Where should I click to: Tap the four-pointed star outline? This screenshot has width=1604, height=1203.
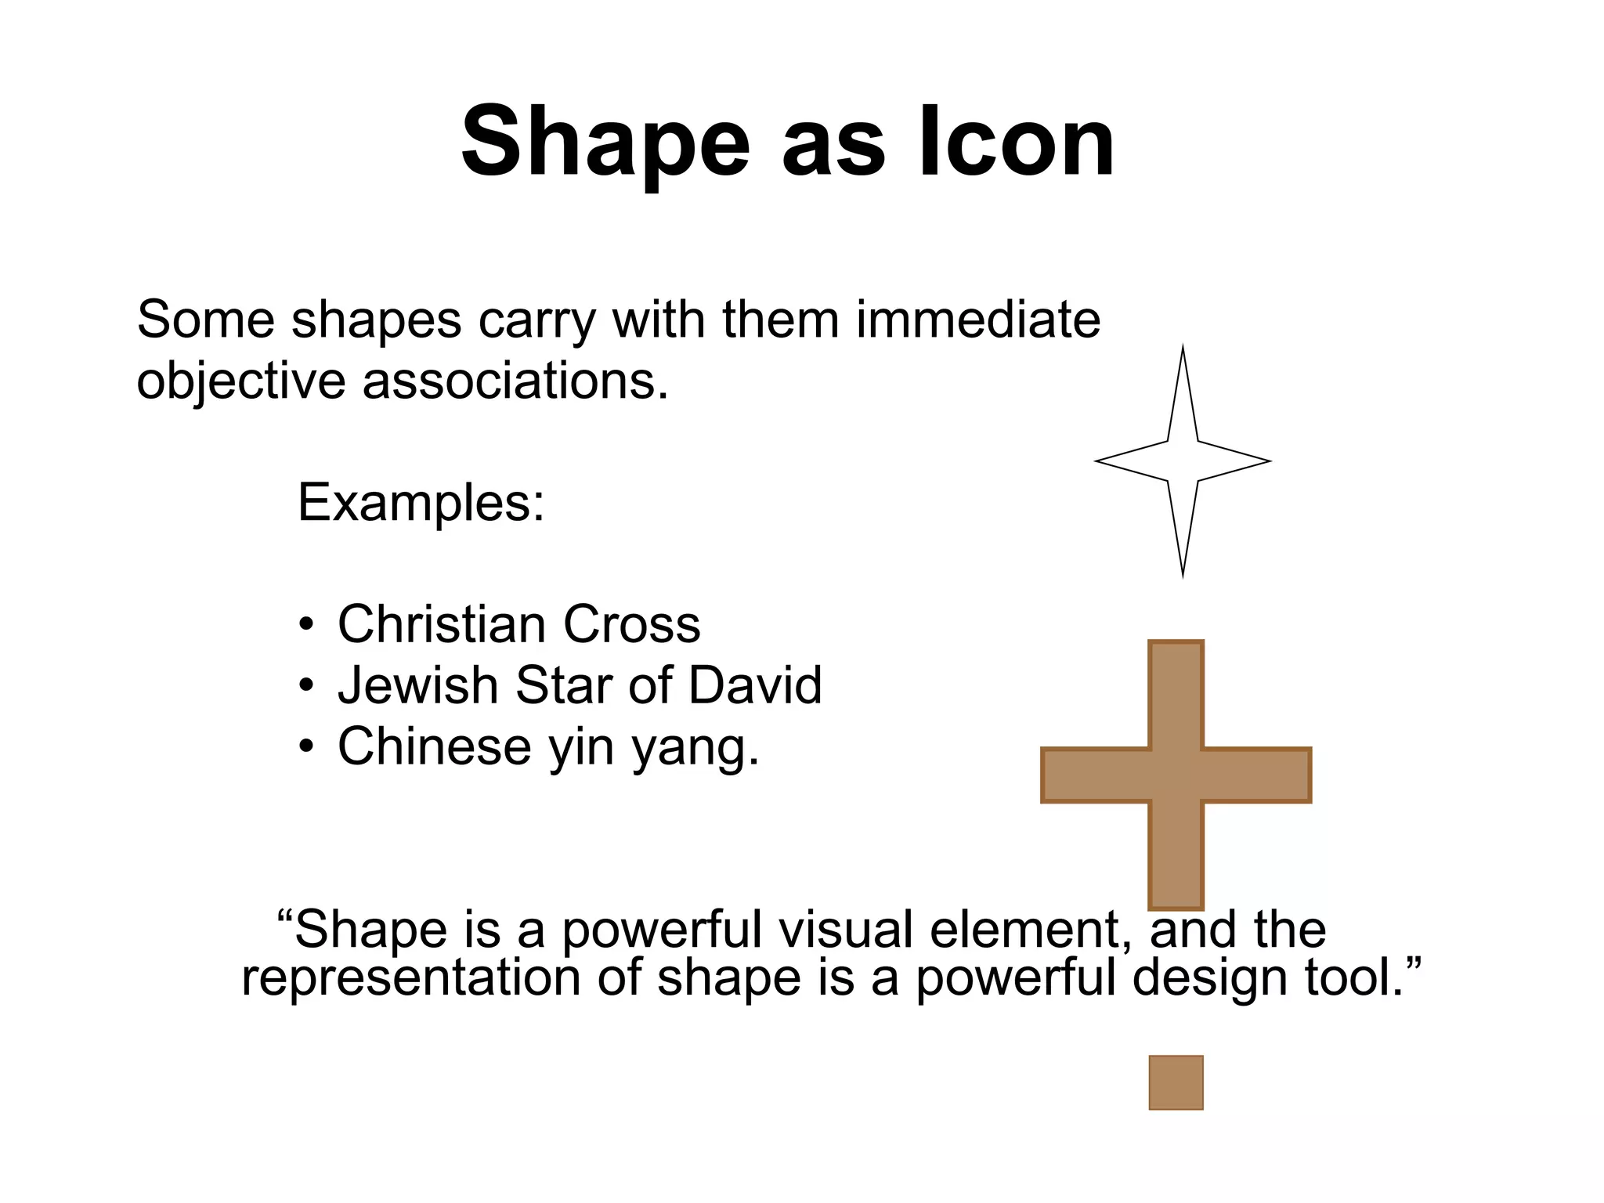coord(1183,461)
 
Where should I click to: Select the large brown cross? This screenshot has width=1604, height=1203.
coord(1176,775)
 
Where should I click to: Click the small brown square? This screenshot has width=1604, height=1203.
coord(1176,1082)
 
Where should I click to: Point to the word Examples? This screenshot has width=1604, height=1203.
coord(421,502)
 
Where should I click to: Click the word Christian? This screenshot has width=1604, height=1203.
coord(442,624)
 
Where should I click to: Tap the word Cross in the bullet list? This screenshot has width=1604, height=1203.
coord(631,624)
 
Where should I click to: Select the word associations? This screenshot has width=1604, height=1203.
coord(515,381)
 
